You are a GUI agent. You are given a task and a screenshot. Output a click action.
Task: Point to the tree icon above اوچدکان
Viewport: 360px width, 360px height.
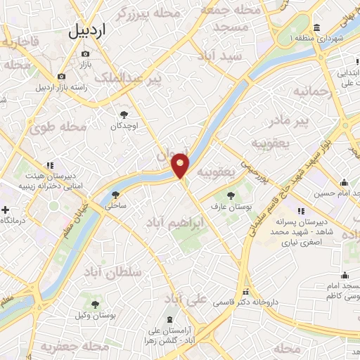pos(124,114)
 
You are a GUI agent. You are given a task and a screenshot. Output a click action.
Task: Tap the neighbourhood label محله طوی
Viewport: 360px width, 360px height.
pos(58,127)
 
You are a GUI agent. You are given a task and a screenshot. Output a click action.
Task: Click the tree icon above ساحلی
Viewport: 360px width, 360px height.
pos(115,195)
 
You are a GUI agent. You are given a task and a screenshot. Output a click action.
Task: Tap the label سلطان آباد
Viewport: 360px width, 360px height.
pos(112,272)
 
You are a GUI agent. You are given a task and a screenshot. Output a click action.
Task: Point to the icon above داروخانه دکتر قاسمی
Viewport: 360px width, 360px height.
pos(245,292)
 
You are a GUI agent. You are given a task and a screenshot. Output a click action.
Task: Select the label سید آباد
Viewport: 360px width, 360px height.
pos(220,56)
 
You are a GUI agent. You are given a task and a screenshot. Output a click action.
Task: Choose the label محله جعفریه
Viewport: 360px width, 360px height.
pos(66,347)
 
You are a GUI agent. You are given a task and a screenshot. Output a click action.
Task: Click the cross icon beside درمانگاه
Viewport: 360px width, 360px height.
pos(6,210)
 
